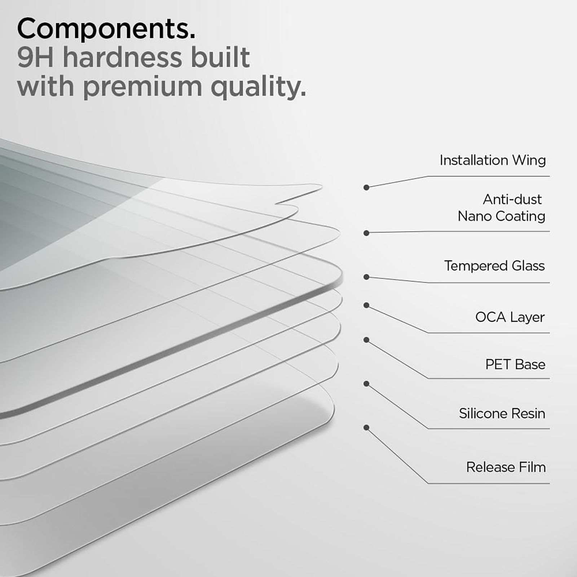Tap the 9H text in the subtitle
point(35,58)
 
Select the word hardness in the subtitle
point(122,58)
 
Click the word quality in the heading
point(258,87)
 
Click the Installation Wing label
point(492,160)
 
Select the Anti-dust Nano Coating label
point(502,208)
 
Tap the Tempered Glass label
point(494,266)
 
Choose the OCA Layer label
point(510,317)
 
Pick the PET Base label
point(515,365)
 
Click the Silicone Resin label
point(502,414)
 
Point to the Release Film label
point(506,467)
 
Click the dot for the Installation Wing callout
point(366,188)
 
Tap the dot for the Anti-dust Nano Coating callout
point(366,233)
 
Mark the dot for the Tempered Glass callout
point(366,277)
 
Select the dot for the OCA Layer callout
point(366,305)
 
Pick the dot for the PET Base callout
point(366,340)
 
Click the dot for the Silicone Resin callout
point(366,384)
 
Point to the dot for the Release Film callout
point(366,428)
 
